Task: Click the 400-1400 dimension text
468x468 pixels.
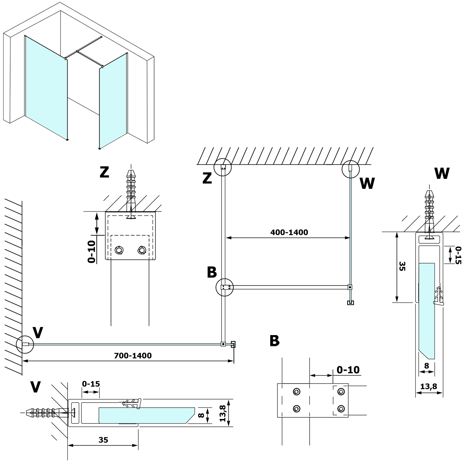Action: (x=289, y=232)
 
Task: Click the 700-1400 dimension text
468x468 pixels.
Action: (x=133, y=355)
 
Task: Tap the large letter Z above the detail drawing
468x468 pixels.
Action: (x=104, y=172)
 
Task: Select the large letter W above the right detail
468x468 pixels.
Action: (x=442, y=173)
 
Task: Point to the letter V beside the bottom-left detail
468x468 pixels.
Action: (x=35, y=387)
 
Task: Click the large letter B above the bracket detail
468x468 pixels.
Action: (x=275, y=341)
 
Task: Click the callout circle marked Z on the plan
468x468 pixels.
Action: (x=223, y=167)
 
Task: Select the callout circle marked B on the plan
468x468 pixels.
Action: (x=225, y=287)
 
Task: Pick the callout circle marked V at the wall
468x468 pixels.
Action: (x=25, y=344)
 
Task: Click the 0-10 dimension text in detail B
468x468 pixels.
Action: (x=348, y=370)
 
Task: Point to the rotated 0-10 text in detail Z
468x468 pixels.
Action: (x=92, y=251)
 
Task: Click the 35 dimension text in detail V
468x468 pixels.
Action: (x=103, y=440)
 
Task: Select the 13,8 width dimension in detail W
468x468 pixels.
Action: (x=429, y=386)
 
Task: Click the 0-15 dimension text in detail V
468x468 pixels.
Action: (x=91, y=384)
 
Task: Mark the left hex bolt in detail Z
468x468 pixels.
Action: (x=119, y=250)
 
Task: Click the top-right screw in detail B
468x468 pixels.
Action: (x=341, y=392)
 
